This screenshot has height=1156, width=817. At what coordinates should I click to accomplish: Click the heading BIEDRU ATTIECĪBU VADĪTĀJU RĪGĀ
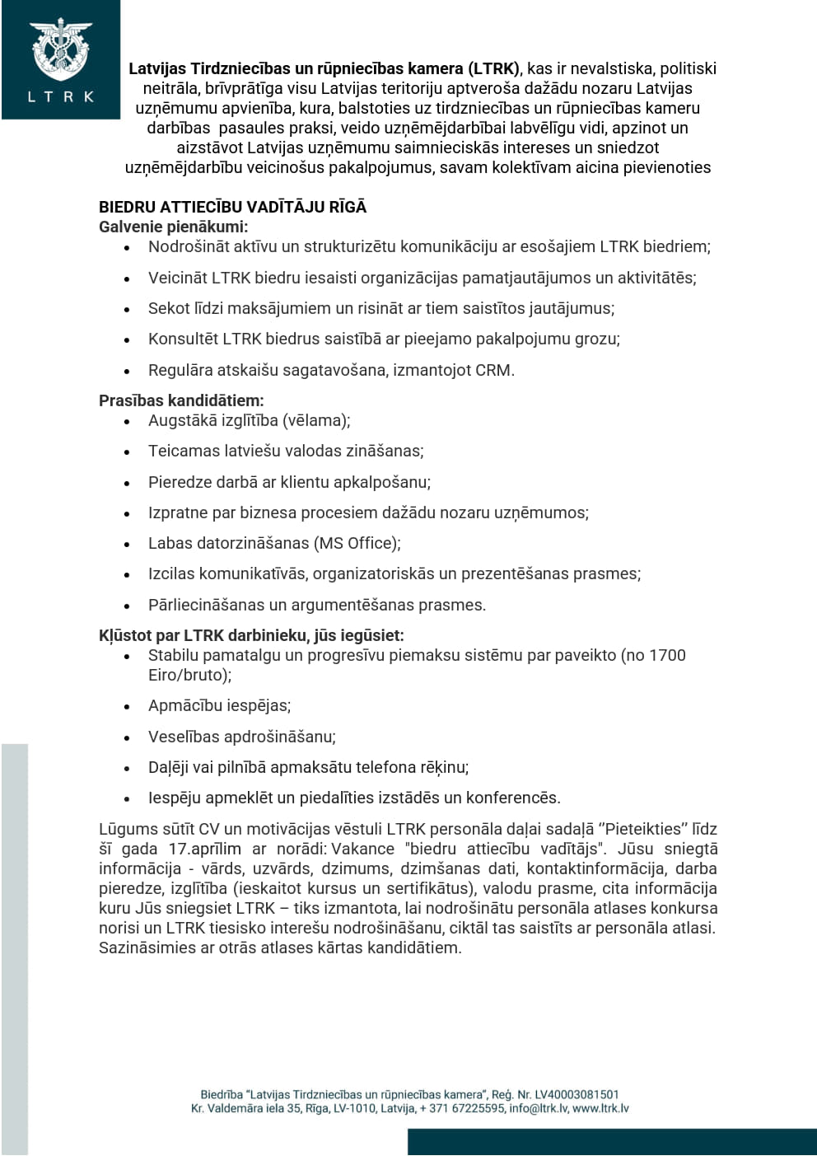tap(232, 207)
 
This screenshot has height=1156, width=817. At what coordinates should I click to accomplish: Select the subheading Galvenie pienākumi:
tap(173, 227)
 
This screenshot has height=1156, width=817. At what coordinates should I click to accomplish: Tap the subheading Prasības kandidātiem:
tap(181, 400)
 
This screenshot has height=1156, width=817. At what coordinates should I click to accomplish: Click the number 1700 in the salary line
tap(667, 655)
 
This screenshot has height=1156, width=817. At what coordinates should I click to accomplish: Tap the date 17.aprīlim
tap(205, 849)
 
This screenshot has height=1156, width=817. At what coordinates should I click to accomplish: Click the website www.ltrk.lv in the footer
tap(601, 1108)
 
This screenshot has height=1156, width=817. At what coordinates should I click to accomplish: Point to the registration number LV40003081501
tap(577, 1094)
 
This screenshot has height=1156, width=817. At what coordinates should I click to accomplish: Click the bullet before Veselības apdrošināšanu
tap(127, 737)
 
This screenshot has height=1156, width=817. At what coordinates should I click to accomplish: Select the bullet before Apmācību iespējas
tap(127, 707)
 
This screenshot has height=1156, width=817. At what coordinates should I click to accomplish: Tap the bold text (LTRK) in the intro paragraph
tap(493, 68)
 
